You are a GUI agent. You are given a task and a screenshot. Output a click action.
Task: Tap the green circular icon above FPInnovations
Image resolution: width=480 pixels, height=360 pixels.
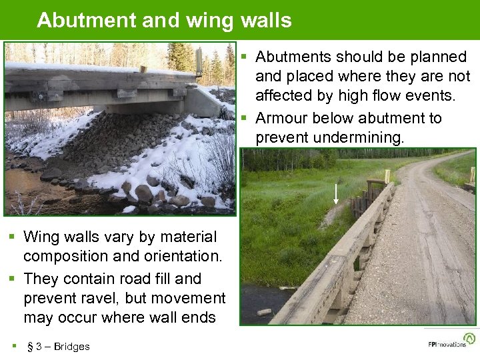pos(469,337)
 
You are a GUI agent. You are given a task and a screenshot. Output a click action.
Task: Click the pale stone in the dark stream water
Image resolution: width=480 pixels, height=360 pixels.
pos(265,311)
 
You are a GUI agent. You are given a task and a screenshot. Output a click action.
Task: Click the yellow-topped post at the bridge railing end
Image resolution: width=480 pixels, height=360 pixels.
pos(387,176)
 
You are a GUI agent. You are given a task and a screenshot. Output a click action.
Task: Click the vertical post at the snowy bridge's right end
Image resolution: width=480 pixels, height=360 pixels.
pos(198,60)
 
